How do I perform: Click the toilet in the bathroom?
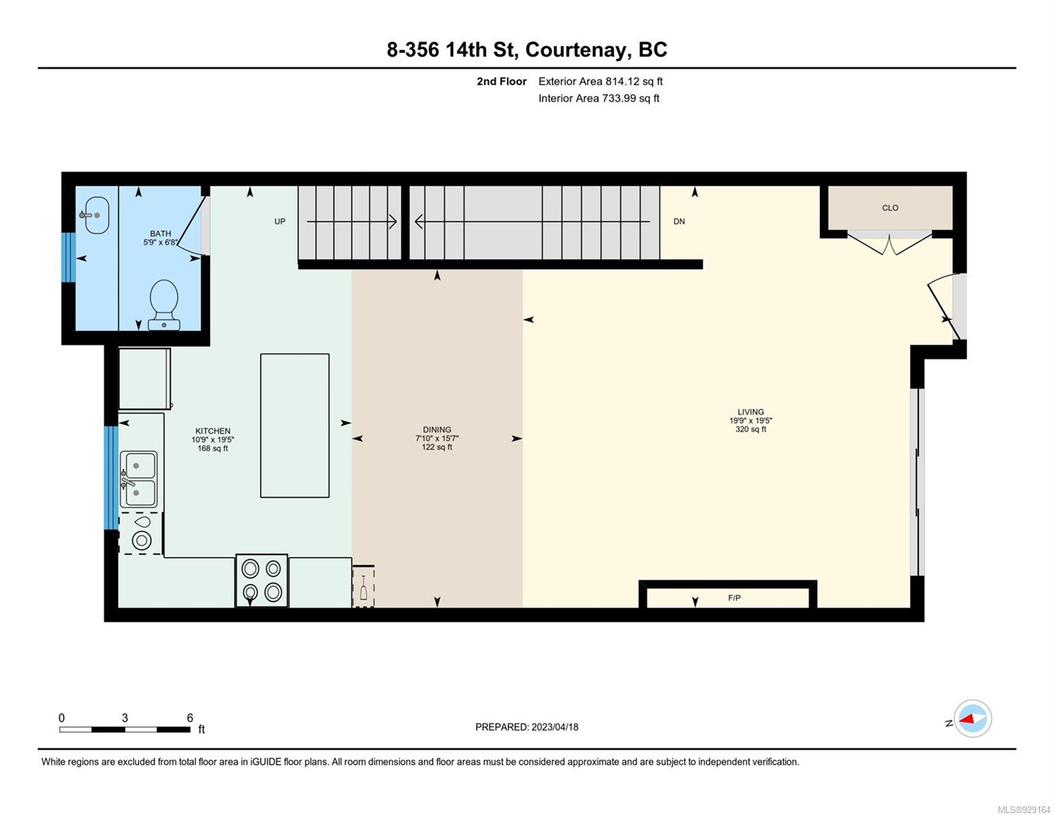[x=164, y=304]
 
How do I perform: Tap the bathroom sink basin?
[x=96, y=215]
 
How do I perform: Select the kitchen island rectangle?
[x=295, y=425]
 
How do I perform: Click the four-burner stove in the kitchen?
[x=261, y=580]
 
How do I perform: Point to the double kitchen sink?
[x=138, y=479]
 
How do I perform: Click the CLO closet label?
[x=890, y=208]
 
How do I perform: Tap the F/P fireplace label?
[x=734, y=598]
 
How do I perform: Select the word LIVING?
[x=751, y=412]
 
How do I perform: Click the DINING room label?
[x=437, y=430]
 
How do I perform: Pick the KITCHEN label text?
[x=212, y=431]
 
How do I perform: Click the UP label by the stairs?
[x=280, y=221]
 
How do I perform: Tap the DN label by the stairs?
[x=679, y=221]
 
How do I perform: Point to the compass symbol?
[x=973, y=719]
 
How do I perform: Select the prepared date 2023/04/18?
[x=555, y=727]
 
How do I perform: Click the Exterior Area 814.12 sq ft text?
[x=601, y=81]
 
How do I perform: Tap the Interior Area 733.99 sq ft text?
[x=599, y=98]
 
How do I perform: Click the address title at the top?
[x=527, y=50]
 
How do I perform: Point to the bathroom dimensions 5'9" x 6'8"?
[x=161, y=242]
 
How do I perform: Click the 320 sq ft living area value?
[x=751, y=429]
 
